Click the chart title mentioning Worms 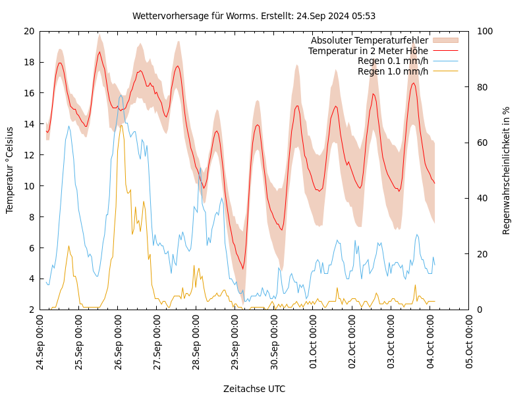click(x=254, y=16)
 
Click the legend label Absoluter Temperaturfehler click(x=369, y=41)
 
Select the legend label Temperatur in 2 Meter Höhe click(x=368, y=51)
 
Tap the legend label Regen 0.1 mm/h click(x=393, y=61)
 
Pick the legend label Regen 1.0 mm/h click(x=393, y=71)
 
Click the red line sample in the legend click(x=445, y=51)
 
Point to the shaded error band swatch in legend click(x=445, y=41)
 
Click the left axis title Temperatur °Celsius click(x=10, y=170)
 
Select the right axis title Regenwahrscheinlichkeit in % click(x=507, y=170)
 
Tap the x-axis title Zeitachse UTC click(x=254, y=389)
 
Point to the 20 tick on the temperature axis click(x=28, y=31)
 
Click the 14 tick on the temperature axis click(x=28, y=124)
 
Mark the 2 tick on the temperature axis click(x=31, y=310)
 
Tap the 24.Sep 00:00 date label click(x=40, y=344)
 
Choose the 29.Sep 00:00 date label click(x=235, y=344)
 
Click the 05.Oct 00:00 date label click(x=469, y=344)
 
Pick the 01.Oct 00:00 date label click(x=313, y=344)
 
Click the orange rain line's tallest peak click(x=121, y=125)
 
